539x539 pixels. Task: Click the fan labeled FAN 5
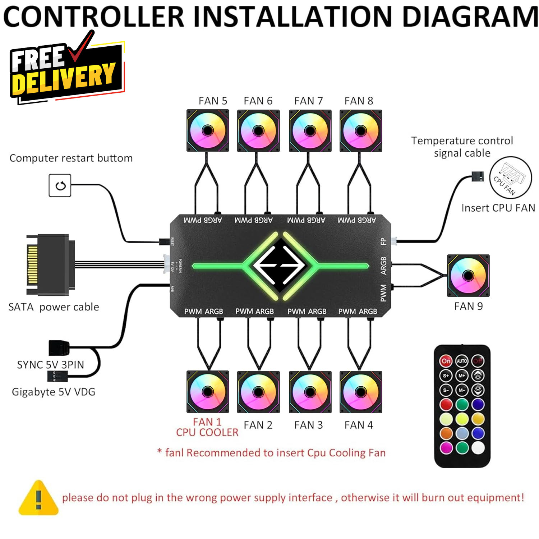[x=208, y=130]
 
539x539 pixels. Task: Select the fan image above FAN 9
[x=468, y=276]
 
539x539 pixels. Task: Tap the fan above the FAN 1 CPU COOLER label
[x=208, y=392]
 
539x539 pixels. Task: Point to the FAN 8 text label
[x=359, y=101]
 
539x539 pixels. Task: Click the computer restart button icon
[x=60, y=185]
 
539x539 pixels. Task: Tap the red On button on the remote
[x=446, y=361]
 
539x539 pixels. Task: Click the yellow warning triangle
[x=38, y=498]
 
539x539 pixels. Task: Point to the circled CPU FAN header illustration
[x=510, y=178]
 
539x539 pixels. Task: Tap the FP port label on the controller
[x=383, y=241]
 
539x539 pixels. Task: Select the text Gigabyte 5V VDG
[x=54, y=392]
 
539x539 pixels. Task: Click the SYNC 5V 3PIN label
[x=51, y=365]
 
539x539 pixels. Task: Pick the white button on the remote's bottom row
[x=478, y=447]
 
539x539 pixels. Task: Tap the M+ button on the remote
[x=462, y=376]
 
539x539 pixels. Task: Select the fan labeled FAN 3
[x=310, y=392]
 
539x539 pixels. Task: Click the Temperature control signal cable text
[x=462, y=147]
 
